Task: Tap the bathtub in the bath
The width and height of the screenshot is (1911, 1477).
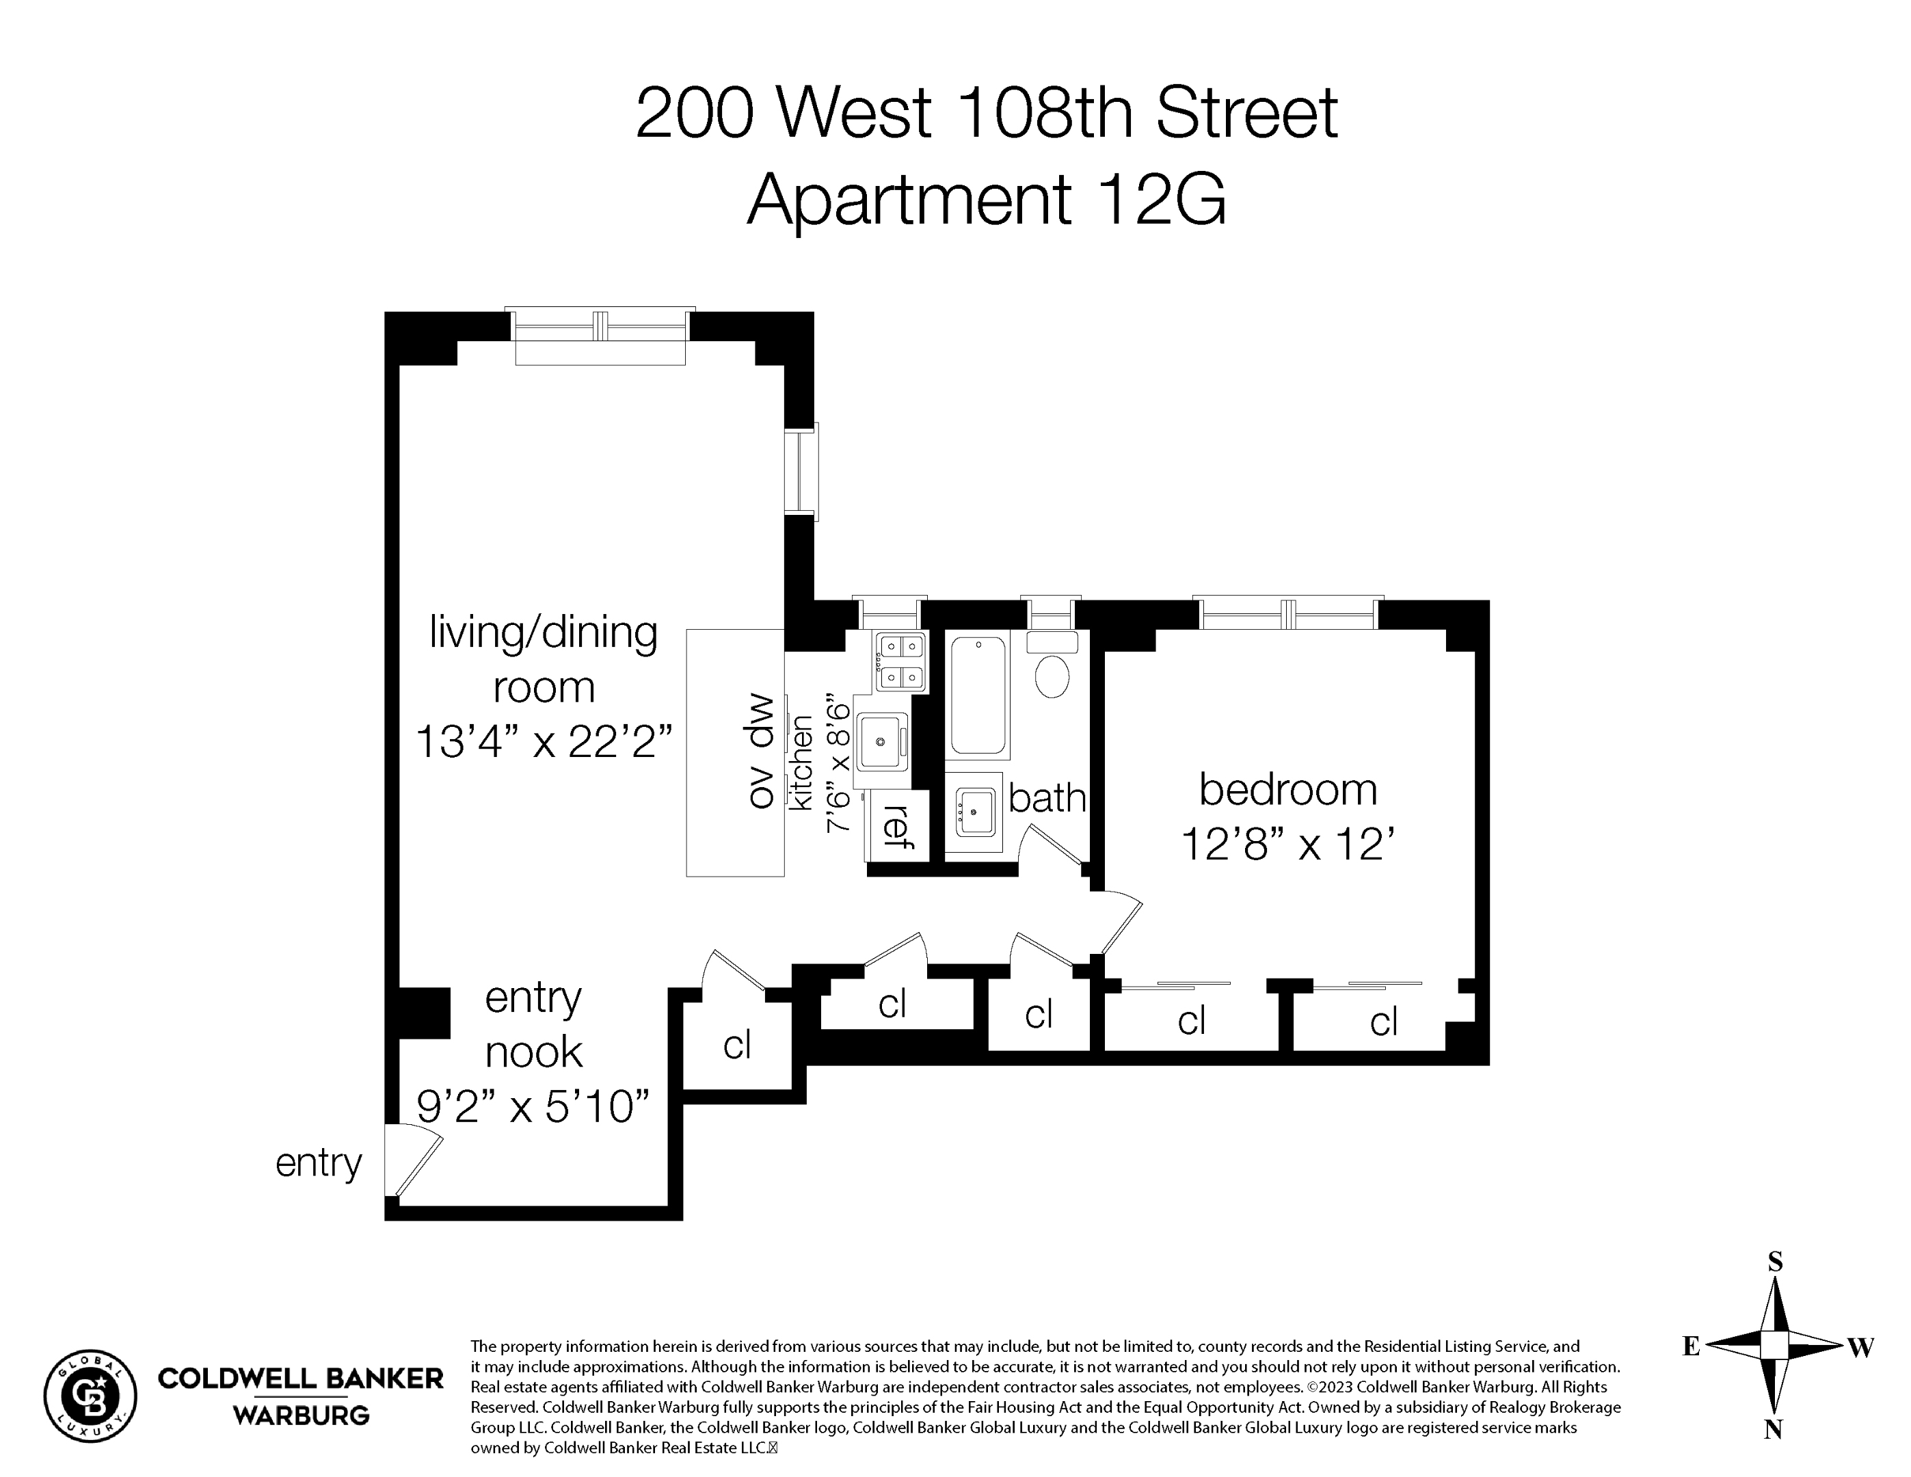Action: coord(978,695)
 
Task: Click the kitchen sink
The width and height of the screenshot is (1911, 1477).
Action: coord(882,741)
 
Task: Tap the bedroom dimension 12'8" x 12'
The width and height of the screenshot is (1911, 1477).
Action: coord(1287,845)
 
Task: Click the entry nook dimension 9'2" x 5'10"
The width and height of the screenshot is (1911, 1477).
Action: coord(533,1107)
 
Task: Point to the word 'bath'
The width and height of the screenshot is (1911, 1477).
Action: coord(1047,798)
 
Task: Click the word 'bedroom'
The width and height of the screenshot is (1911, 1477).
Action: coord(1287,789)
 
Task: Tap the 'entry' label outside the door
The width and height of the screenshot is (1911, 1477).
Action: coord(319,1163)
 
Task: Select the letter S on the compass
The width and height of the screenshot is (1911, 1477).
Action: coord(1774,1262)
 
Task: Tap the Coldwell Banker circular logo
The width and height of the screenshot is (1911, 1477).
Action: coord(90,1396)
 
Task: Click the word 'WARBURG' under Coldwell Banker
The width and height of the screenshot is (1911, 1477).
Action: coord(301,1415)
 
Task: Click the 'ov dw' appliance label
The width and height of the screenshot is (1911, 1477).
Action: coord(761,751)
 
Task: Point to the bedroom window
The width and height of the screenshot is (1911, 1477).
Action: coord(1287,613)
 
